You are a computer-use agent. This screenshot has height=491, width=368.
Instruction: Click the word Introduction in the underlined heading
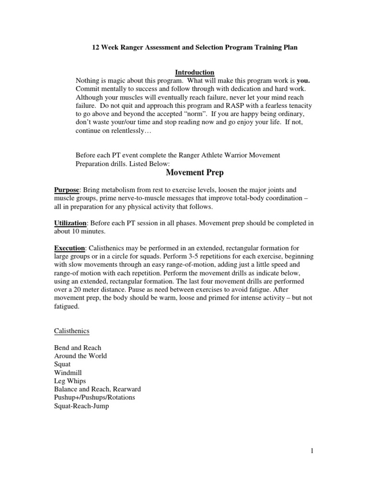tap(194, 72)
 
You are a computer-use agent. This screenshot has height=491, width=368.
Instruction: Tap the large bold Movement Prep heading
tap(195, 172)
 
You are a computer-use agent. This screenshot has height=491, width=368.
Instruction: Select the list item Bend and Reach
tap(77, 348)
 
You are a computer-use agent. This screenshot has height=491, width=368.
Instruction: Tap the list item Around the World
tap(80, 356)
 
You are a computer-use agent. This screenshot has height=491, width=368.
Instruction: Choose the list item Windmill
tap(68, 373)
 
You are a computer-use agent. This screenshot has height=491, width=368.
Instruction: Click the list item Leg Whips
tap(70, 381)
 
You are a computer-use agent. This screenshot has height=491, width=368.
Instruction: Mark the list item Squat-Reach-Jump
tap(81, 406)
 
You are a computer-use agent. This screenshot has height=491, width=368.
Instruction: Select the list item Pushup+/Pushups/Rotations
tap(94, 397)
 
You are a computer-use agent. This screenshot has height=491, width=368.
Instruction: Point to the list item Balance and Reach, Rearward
tap(97, 389)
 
